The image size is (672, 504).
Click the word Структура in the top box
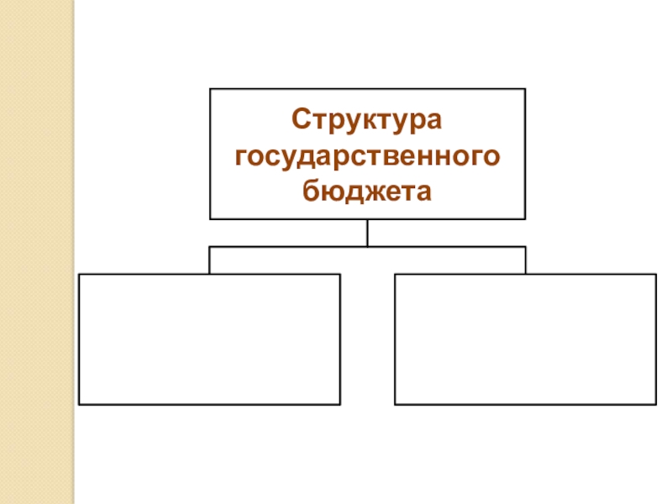(x=367, y=119)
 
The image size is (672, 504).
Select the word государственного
(x=368, y=156)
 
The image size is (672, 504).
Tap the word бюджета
(x=367, y=192)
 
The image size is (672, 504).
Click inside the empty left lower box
(x=209, y=339)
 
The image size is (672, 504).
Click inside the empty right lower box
(x=525, y=339)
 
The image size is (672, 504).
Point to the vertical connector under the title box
(x=367, y=233)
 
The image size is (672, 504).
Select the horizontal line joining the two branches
(x=367, y=247)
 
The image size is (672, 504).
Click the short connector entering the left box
(x=209, y=260)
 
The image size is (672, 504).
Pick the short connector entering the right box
(x=525, y=260)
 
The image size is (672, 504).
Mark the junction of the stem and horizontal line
(x=367, y=247)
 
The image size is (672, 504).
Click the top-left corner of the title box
(x=210, y=89)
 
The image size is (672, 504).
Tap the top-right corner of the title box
(x=525, y=89)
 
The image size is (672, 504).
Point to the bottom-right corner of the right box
(x=656, y=404)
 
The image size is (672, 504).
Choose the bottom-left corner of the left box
(x=79, y=404)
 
